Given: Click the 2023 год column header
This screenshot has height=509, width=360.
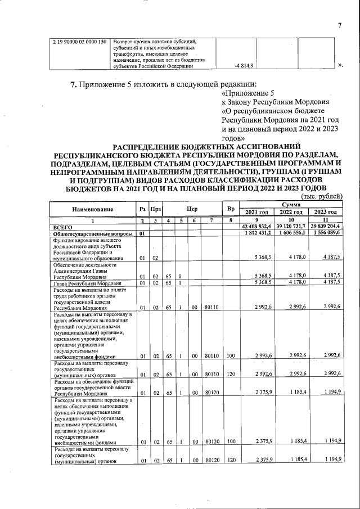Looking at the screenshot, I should (x=324, y=213).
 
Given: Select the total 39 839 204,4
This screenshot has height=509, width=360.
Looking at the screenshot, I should (x=324, y=226).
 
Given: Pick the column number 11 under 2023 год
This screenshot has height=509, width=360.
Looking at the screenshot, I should (x=324, y=220).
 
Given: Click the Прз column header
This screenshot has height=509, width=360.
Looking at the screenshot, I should (x=155, y=209).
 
